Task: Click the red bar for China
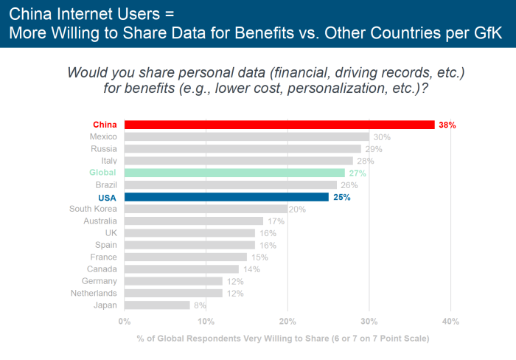tap(279, 125)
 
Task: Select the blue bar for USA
tap(226, 197)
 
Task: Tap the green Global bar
tap(234, 173)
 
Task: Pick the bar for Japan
tap(157, 305)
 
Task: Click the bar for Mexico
tap(246, 136)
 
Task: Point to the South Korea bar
tap(206, 209)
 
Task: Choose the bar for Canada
tap(181, 269)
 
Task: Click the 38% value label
tap(447, 125)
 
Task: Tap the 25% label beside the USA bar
tap(341, 197)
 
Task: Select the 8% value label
tap(200, 305)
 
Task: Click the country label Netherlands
tap(94, 293)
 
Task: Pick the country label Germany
tap(100, 281)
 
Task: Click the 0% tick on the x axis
tap(124, 321)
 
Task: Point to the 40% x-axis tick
tap(450, 321)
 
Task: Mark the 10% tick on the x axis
tap(206, 321)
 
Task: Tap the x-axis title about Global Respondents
tap(282, 339)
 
